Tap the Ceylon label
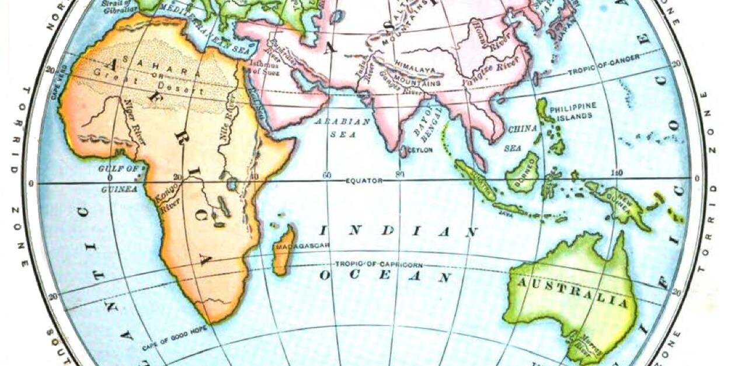(420, 150)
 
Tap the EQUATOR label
(363, 181)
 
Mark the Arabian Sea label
(343, 127)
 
